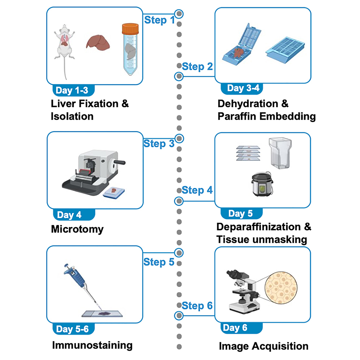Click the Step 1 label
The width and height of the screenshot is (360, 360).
click(159, 20)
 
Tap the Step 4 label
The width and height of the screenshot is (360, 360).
click(197, 190)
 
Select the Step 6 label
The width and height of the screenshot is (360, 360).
click(197, 305)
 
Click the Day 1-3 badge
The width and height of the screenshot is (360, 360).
click(73, 90)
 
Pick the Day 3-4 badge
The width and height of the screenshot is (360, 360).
click(242, 89)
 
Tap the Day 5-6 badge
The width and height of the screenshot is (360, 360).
click(73, 329)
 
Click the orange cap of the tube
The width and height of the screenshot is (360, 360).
click(130, 29)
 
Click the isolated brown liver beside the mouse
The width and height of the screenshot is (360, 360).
click(98, 43)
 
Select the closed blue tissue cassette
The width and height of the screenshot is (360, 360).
click(285, 50)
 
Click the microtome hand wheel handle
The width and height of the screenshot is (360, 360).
click(120, 162)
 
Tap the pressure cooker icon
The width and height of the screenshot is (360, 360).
click(262, 184)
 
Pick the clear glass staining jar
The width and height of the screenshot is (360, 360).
click(280, 153)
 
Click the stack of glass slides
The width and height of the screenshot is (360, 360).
click(248, 153)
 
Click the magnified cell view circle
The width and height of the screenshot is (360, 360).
click(281, 288)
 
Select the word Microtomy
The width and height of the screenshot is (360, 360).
click(77, 229)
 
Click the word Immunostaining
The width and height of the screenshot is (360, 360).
click(92, 345)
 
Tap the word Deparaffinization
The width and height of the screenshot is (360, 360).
click(258, 227)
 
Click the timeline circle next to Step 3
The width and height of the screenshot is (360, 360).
click(179, 138)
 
